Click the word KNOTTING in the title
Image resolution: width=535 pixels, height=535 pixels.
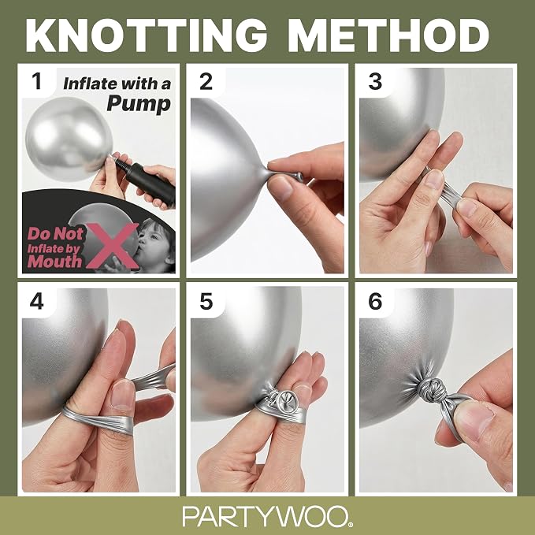[147, 35]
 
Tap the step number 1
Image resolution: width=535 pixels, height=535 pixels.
[36, 81]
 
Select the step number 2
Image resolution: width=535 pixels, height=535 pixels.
[206, 81]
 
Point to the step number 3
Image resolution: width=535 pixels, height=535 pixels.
[375, 81]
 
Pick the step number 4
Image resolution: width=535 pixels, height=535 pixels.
[36, 302]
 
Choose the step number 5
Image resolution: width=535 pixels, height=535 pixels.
[206, 302]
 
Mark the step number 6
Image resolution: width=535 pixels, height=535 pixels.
[375, 302]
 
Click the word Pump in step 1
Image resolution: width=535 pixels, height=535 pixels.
[139, 104]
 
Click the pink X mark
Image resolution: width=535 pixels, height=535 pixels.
[112, 245]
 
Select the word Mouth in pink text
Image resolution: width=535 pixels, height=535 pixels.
[54, 262]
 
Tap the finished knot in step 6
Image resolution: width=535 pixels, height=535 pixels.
[431, 389]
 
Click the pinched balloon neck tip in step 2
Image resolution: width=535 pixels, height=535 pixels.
[296, 176]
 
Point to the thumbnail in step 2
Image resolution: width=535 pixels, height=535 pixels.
[281, 188]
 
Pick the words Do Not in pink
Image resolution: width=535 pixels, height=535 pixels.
[55, 234]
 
